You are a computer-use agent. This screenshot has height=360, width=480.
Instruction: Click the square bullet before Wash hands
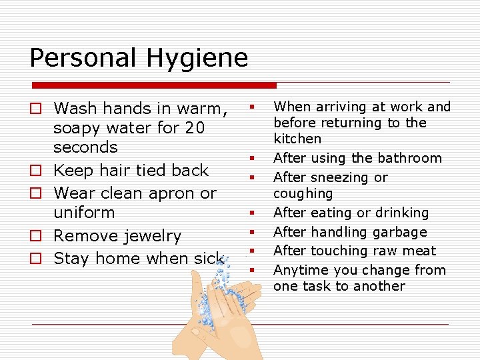[37, 108]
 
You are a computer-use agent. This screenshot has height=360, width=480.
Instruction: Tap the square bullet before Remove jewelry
[37, 236]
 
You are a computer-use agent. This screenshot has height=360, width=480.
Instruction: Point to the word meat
[419, 251]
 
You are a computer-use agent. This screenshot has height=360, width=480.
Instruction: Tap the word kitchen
[297, 139]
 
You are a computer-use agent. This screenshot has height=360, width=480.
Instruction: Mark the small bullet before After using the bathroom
[253, 158]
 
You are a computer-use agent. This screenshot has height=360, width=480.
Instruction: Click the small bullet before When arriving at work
[253, 107]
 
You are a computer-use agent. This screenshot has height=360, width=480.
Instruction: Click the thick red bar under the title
[154, 85]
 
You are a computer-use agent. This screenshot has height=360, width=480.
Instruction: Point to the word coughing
[303, 193]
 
